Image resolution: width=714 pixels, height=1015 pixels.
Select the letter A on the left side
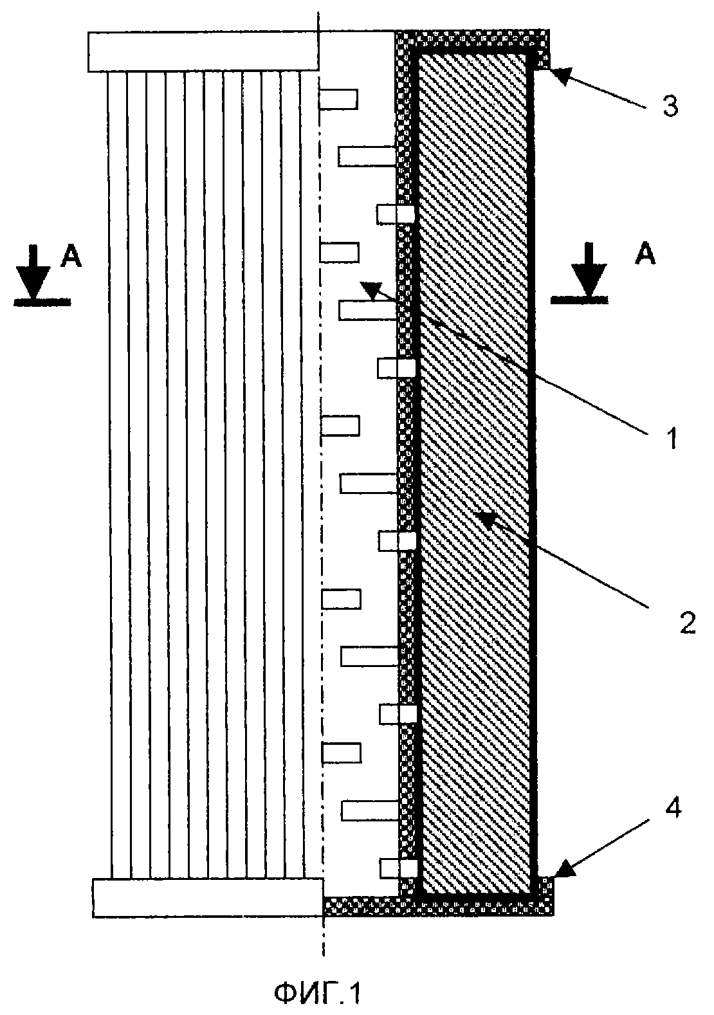point(71,256)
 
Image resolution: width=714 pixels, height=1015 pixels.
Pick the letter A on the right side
point(645,254)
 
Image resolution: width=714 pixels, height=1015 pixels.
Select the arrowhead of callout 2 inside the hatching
point(491,520)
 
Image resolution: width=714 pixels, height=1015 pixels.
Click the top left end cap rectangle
point(203,51)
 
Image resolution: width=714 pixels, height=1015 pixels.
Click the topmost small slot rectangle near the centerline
point(338,99)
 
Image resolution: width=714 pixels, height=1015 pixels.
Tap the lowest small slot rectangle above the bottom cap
point(398,868)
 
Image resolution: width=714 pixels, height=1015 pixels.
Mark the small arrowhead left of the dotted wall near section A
point(372,291)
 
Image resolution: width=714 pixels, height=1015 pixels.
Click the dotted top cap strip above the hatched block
point(473,39)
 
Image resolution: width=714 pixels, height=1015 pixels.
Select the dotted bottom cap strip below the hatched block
point(437,907)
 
